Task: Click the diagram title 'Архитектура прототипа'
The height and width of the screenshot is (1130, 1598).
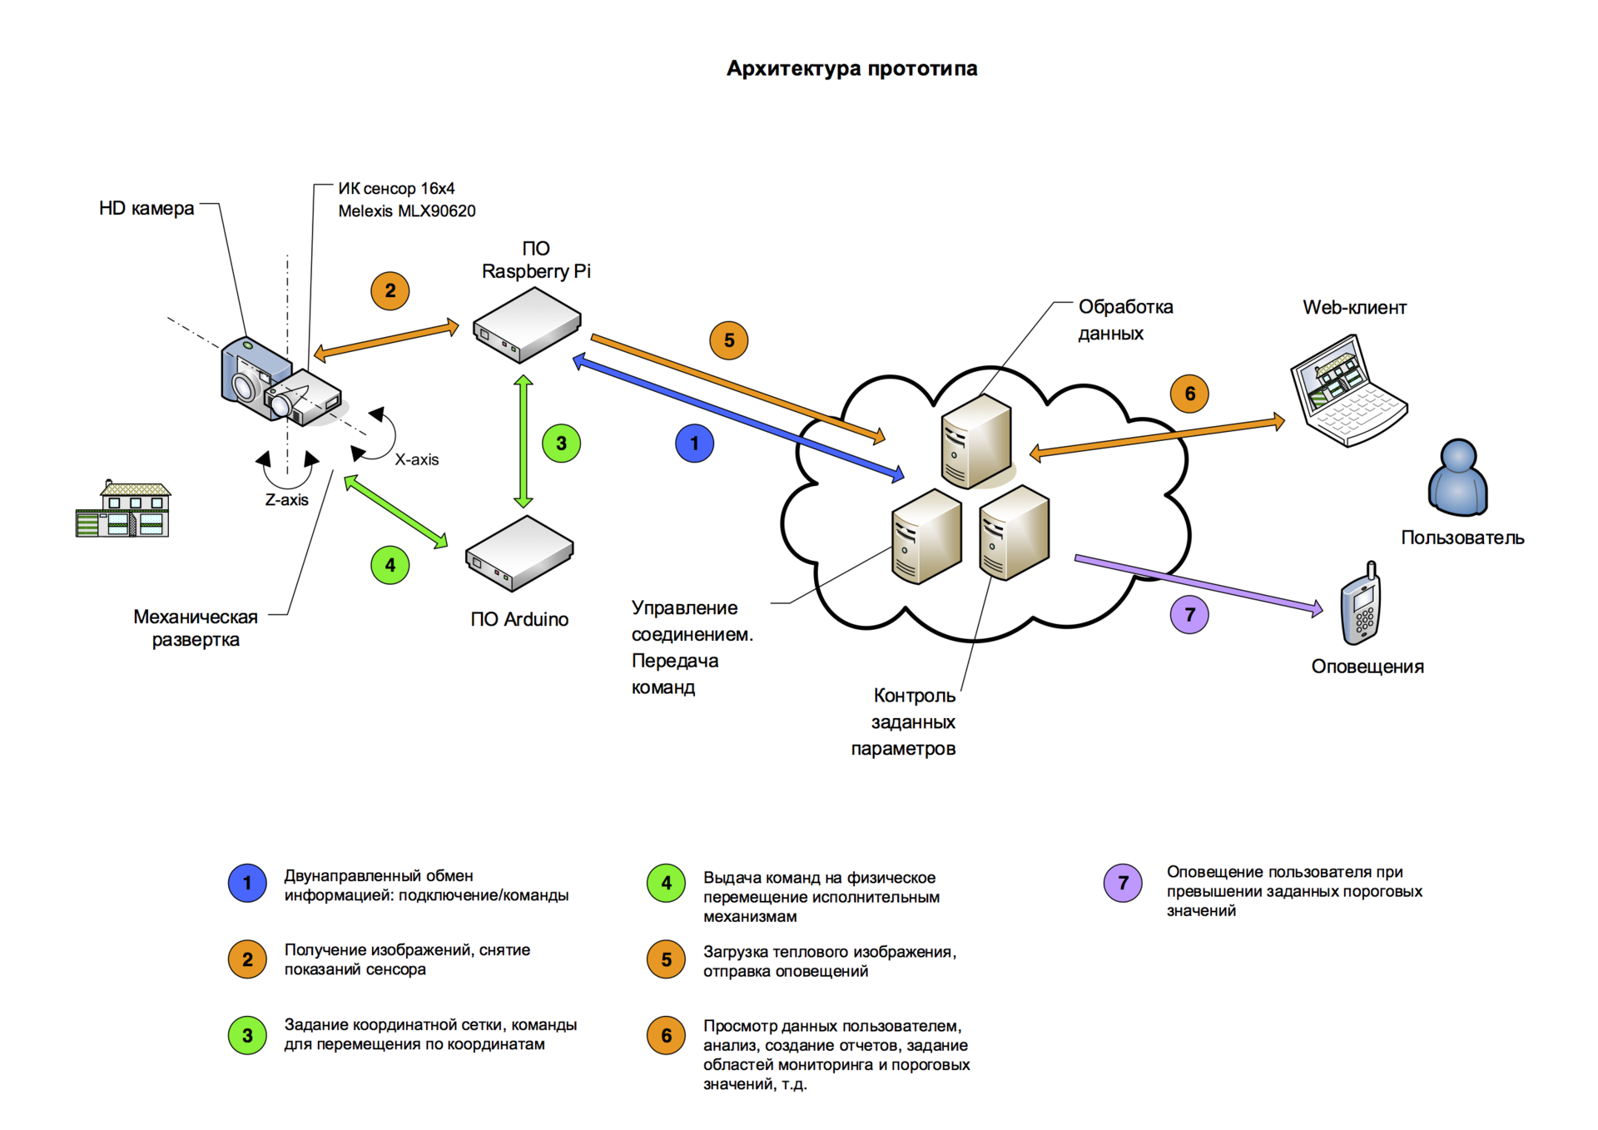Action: tap(851, 68)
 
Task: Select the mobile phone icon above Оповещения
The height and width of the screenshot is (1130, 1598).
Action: tap(1361, 605)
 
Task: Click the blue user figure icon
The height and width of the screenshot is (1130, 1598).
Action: tap(1458, 478)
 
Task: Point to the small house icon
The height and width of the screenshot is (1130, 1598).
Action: tap(123, 509)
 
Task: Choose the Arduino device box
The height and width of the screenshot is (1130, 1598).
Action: tap(519, 553)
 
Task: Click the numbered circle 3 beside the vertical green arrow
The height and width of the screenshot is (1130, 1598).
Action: tap(561, 444)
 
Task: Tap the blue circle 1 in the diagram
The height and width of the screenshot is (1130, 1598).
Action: tap(694, 444)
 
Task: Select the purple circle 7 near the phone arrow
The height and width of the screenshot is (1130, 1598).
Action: tap(1189, 615)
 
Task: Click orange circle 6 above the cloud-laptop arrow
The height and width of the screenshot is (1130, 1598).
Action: tap(1189, 394)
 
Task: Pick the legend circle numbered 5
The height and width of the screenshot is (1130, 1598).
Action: tap(666, 959)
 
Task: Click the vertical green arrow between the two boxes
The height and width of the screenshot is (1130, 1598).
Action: tap(524, 441)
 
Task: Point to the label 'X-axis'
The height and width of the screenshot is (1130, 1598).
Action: tap(416, 459)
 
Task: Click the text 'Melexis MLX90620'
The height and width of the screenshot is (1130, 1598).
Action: tap(406, 211)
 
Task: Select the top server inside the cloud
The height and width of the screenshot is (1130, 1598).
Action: tap(976, 441)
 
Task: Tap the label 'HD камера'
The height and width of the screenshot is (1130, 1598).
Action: tap(146, 208)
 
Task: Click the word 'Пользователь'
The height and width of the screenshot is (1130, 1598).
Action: tap(1462, 538)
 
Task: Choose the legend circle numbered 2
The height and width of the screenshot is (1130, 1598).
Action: tap(247, 959)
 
